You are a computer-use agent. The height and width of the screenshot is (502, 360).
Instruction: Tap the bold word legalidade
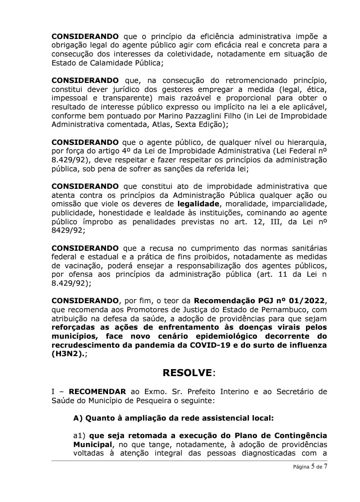[x=198, y=204]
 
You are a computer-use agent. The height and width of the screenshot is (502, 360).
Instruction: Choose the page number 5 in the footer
[x=313, y=467]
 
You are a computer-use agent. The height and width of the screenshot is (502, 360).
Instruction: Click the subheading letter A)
[x=77, y=418]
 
